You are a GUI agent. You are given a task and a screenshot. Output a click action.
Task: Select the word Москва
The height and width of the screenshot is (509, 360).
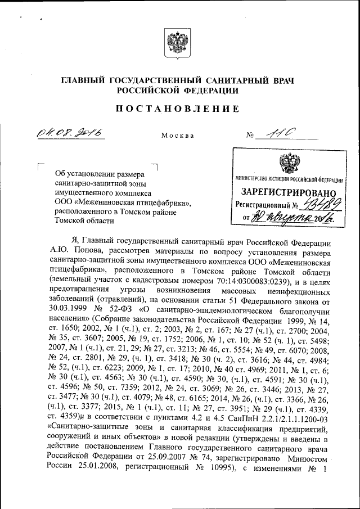pos(177,136)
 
